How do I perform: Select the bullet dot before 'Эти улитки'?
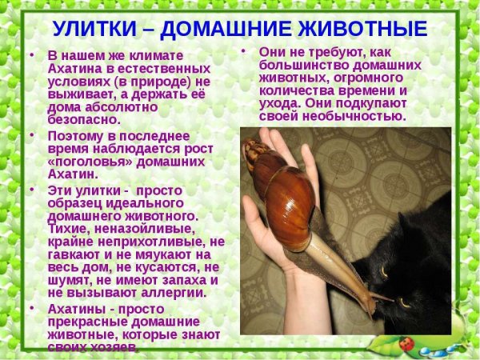click(31, 190)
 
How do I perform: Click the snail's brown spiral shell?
click(288, 200)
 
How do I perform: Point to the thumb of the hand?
click(256, 216)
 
